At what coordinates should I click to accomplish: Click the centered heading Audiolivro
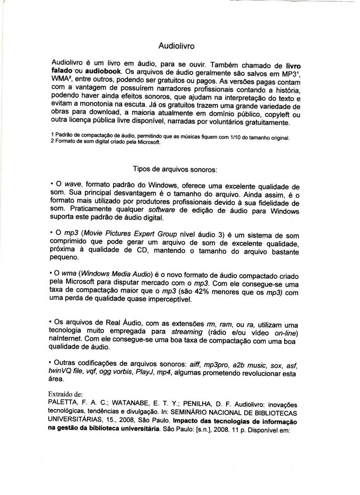(177, 46)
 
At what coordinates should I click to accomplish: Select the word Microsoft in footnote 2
(146, 144)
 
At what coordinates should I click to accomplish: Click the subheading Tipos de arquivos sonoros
(175, 170)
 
